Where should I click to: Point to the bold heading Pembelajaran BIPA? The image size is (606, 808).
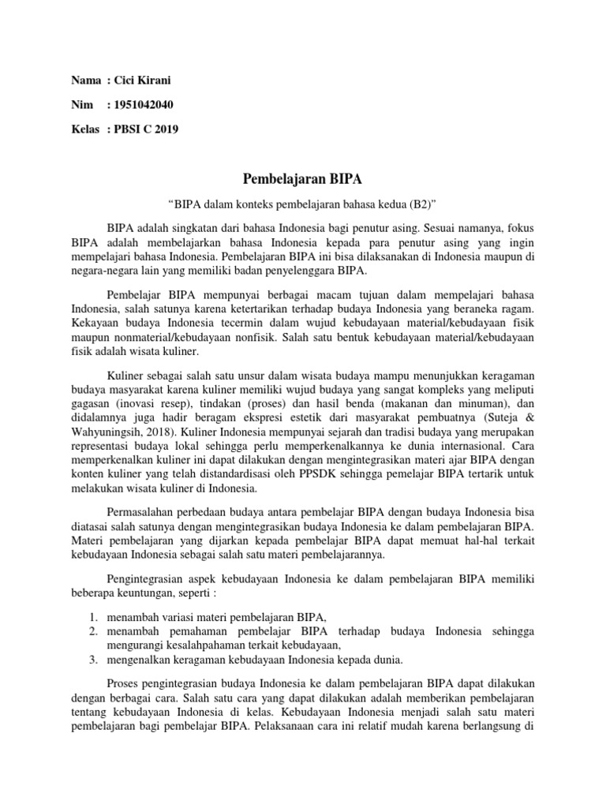[x=302, y=180]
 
